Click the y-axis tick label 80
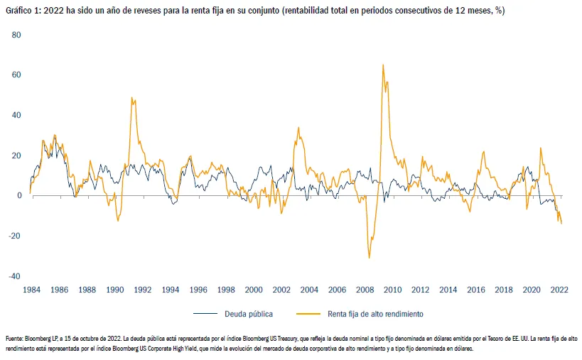click(16, 35)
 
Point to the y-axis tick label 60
click(16, 75)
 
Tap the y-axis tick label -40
click(14, 276)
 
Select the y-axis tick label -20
click(14, 236)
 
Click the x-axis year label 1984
click(31, 290)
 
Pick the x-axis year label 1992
click(143, 290)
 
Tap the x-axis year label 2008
click(365, 290)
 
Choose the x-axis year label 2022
click(559, 290)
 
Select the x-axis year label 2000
click(254, 290)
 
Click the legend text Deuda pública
click(249, 314)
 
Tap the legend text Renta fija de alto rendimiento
click(375, 314)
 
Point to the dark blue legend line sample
click(205, 314)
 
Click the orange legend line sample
click(308, 314)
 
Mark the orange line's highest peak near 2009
click(383, 65)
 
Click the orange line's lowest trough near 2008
click(369, 258)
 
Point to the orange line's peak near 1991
click(131, 97)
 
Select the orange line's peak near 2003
click(298, 128)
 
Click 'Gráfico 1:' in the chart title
click(23, 11)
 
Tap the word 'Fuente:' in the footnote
click(14, 339)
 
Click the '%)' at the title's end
click(500, 11)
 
